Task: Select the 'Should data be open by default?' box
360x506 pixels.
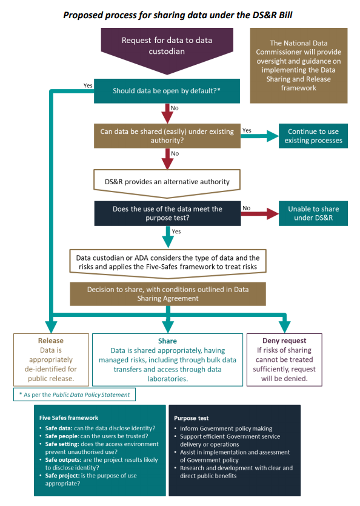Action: tap(167, 91)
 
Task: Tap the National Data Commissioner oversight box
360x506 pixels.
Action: tap(299, 65)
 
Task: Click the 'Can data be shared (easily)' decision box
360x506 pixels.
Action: tap(167, 136)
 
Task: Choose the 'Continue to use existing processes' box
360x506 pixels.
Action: tap(313, 136)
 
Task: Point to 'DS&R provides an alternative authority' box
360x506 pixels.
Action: tap(167, 182)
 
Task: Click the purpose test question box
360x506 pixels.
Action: tap(167, 213)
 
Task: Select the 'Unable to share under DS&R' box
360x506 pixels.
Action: tap(313, 213)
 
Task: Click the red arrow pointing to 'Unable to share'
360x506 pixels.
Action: tap(260, 213)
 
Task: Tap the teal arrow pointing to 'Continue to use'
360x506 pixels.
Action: tap(260, 136)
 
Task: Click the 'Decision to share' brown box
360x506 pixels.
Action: tap(168, 294)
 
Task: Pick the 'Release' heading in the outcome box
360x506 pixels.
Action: tap(51, 341)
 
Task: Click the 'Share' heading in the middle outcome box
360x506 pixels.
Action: tap(167, 341)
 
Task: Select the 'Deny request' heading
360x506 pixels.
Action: tap(284, 341)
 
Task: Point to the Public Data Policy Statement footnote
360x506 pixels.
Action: tap(75, 394)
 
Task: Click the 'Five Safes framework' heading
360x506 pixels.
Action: tap(68, 418)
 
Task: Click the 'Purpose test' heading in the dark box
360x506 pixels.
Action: tap(191, 418)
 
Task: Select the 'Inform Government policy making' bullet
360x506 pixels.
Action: tap(226, 428)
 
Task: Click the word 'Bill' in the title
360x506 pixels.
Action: tap(285, 15)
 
